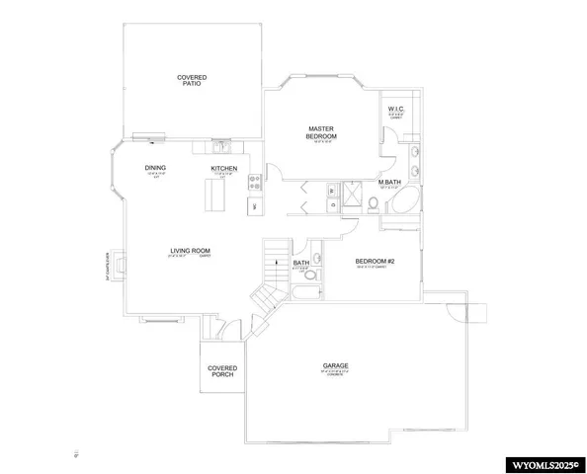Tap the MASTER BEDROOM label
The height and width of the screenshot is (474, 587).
[x=322, y=132]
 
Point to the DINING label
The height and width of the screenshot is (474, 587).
[x=155, y=168]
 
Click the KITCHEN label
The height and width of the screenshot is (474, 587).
[x=223, y=170]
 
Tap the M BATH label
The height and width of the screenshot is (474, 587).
[x=388, y=182]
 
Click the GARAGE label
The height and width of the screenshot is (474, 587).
[x=334, y=365]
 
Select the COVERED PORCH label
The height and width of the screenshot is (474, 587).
[x=221, y=372]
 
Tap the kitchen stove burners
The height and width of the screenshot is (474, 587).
[x=253, y=182]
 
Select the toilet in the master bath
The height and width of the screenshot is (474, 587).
[x=374, y=204]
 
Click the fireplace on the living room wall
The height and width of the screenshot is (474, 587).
[x=120, y=264]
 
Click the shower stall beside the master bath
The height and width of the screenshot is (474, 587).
[x=346, y=193]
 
